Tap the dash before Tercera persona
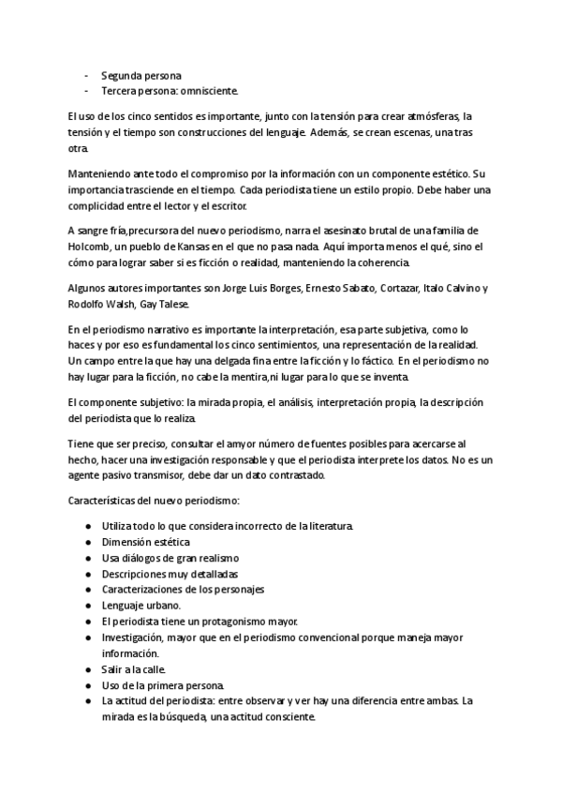pos(86,91)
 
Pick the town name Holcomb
pos(92,246)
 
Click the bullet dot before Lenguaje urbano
pos(87,606)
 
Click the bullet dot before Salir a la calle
pos(87,670)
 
